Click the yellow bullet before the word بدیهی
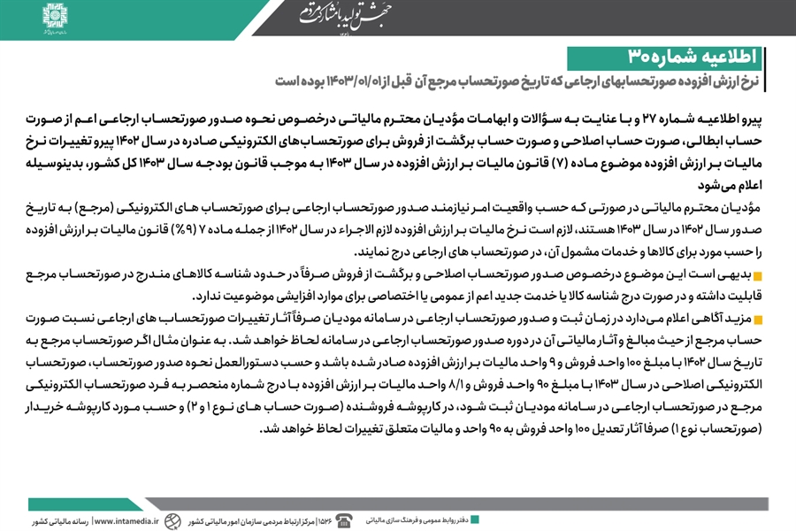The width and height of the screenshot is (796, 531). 759,278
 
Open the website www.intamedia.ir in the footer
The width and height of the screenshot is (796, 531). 126,521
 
